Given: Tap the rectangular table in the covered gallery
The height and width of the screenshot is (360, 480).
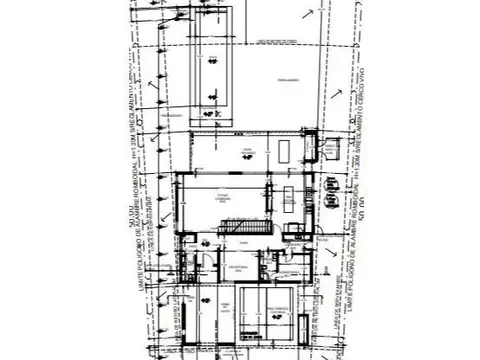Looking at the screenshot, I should pos(286,149).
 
